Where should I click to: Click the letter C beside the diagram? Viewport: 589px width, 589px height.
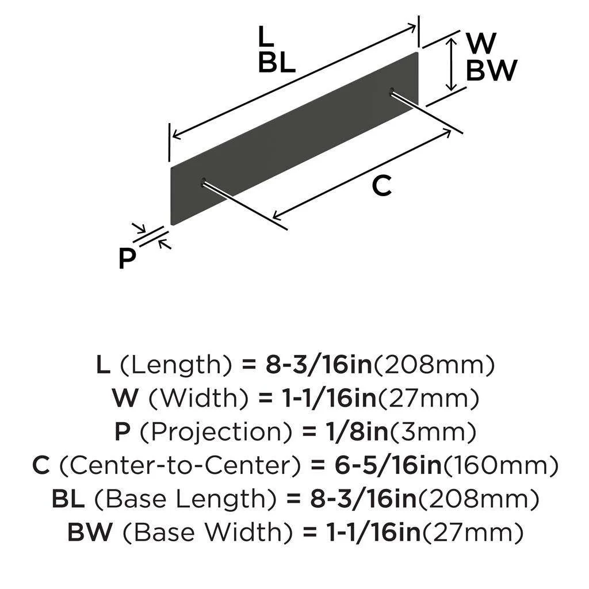click(x=381, y=186)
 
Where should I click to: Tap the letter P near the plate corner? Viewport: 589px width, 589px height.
click(x=127, y=258)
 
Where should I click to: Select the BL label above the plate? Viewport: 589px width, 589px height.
click(x=276, y=62)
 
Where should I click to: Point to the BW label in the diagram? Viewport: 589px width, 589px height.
click(x=491, y=71)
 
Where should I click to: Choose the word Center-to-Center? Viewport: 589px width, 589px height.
click(x=178, y=466)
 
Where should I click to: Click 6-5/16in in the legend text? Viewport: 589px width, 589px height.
click(x=388, y=466)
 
